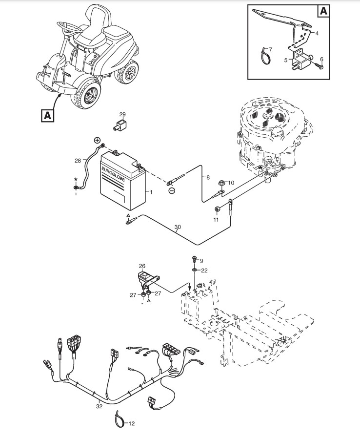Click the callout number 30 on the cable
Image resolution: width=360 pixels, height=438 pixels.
click(177, 228)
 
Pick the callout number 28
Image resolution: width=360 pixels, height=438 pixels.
click(78, 160)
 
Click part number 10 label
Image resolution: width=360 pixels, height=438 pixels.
click(231, 183)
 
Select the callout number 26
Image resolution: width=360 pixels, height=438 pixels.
click(142, 266)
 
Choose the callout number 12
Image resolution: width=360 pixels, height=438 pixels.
click(131, 423)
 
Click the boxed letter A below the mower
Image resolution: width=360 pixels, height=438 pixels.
click(47, 115)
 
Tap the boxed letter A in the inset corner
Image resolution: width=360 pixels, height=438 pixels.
click(324, 11)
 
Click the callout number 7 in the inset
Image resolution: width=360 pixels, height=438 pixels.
click(271, 50)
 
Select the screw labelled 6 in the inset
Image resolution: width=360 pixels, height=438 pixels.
click(321, 66)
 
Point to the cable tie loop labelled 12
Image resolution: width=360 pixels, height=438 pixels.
click(119, 418)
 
